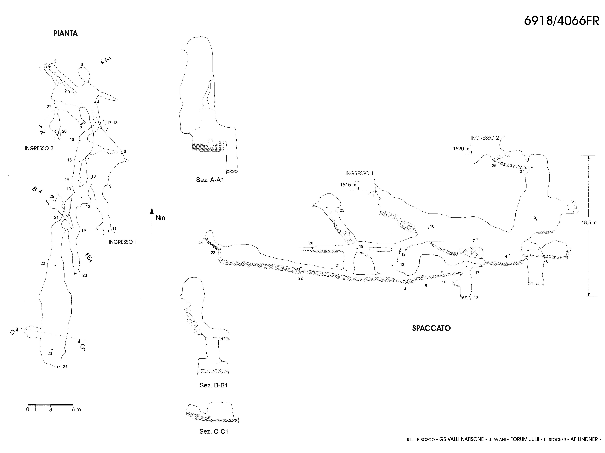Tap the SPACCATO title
pyautogui.click(x=431, y=328)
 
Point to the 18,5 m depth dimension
pyautogui.click(x=589, y=223)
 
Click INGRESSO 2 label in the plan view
pyautogui.click(x=39, y=148)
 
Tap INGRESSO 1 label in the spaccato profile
pyautogui.click(x=359, y=173)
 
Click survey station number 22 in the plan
pyautogui.click(x=43, y=264)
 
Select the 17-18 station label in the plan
pyautogui.click(x=112, y=123)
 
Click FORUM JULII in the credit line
pyautogui.click(x=525, y=447)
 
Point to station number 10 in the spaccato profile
pyautogui.click(x=432, y=226)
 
